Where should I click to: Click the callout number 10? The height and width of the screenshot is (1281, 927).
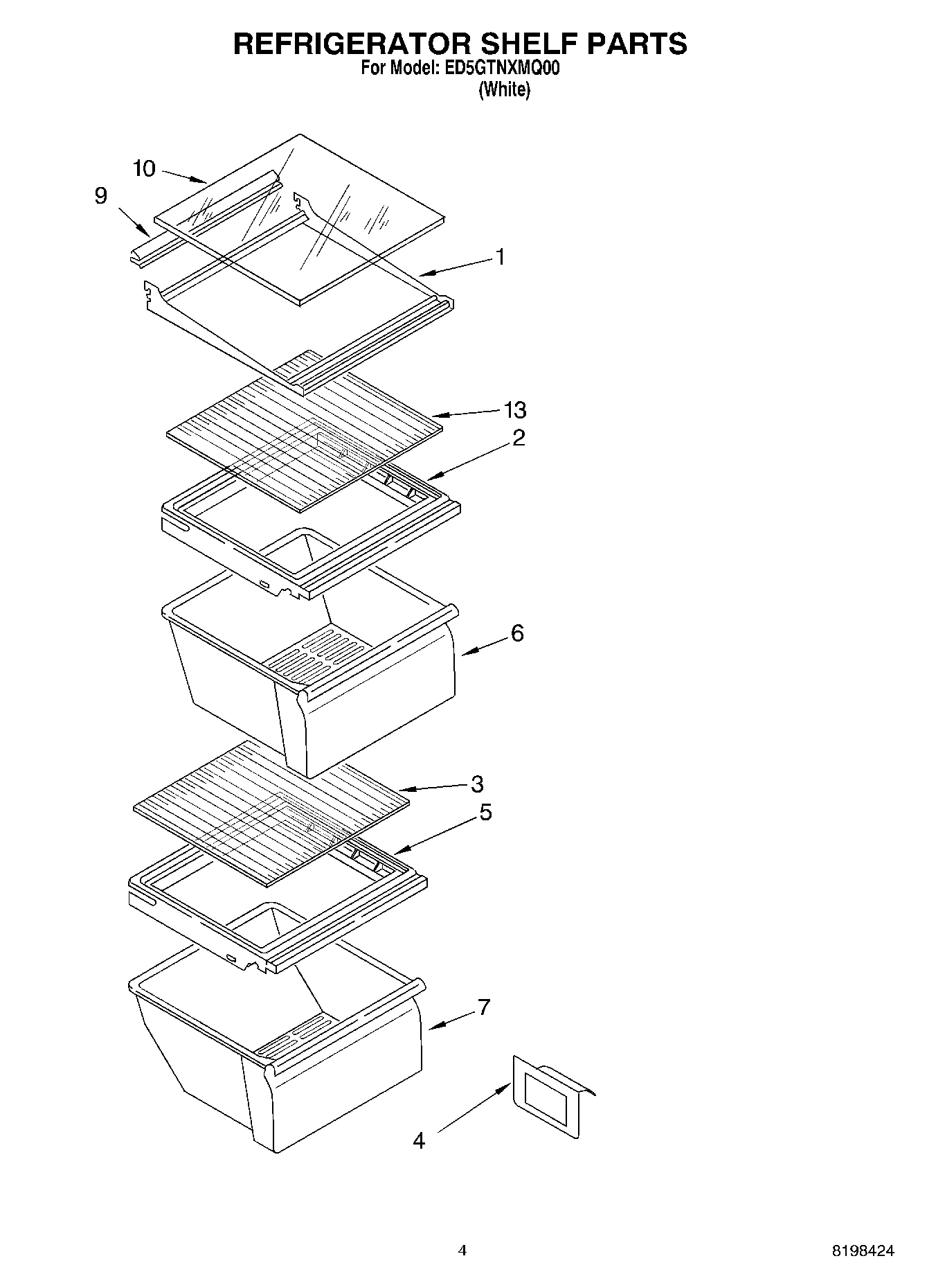pos(144,168)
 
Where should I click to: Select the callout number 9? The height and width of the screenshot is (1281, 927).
pos(101,196)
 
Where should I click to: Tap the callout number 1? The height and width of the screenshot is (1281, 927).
pos(499,257)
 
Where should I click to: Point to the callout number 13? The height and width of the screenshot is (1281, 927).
pos(515,410)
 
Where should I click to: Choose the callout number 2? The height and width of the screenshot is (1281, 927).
pos(519,438)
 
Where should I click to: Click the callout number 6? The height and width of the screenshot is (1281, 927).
pos(517,633)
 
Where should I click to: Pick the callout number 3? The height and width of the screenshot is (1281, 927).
pos(477,784)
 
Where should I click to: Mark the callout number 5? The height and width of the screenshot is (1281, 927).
pos(485,812)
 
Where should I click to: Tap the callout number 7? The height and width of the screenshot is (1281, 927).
pos(483,1007)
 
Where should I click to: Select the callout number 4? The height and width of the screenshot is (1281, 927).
pos(419,1140)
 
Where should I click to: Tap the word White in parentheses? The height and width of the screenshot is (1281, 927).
pos(505,89)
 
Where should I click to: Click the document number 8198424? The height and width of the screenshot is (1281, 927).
pos(863,1251)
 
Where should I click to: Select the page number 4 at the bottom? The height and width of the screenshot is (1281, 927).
pos(462,1251)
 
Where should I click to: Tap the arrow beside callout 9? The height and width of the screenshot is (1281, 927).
pos(133,220)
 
